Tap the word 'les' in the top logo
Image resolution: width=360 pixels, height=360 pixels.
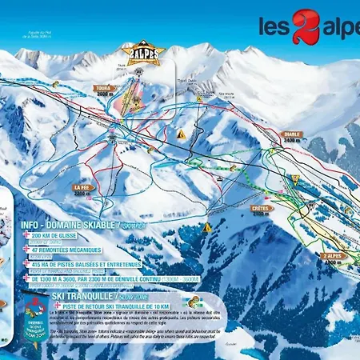click(272, 26)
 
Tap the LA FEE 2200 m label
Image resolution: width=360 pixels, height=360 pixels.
click(84, 191)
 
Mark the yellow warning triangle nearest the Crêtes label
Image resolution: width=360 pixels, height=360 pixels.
click(208, 227)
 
